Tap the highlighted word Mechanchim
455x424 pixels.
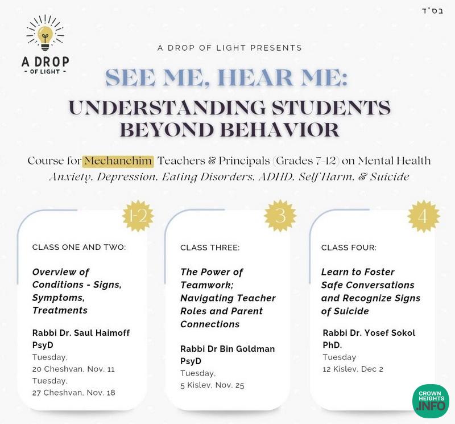(118, 161)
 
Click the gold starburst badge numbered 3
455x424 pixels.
(280, 216)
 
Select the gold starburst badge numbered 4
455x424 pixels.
(424, 216)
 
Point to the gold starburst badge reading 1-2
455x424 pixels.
(139, 216)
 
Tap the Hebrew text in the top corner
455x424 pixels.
(431, 11)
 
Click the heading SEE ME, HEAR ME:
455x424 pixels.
(226, 77)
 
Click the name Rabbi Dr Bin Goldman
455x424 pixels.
(227, 348)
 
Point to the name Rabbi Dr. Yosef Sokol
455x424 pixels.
(369, 332)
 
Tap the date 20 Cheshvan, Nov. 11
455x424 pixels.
(74, 369)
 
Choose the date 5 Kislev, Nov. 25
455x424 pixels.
(212, 385)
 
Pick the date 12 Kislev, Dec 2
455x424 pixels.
(353, 369)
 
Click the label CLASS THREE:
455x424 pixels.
(210, 248)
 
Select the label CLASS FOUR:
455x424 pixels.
(349, 248)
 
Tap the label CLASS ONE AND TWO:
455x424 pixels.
(79, 248)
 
